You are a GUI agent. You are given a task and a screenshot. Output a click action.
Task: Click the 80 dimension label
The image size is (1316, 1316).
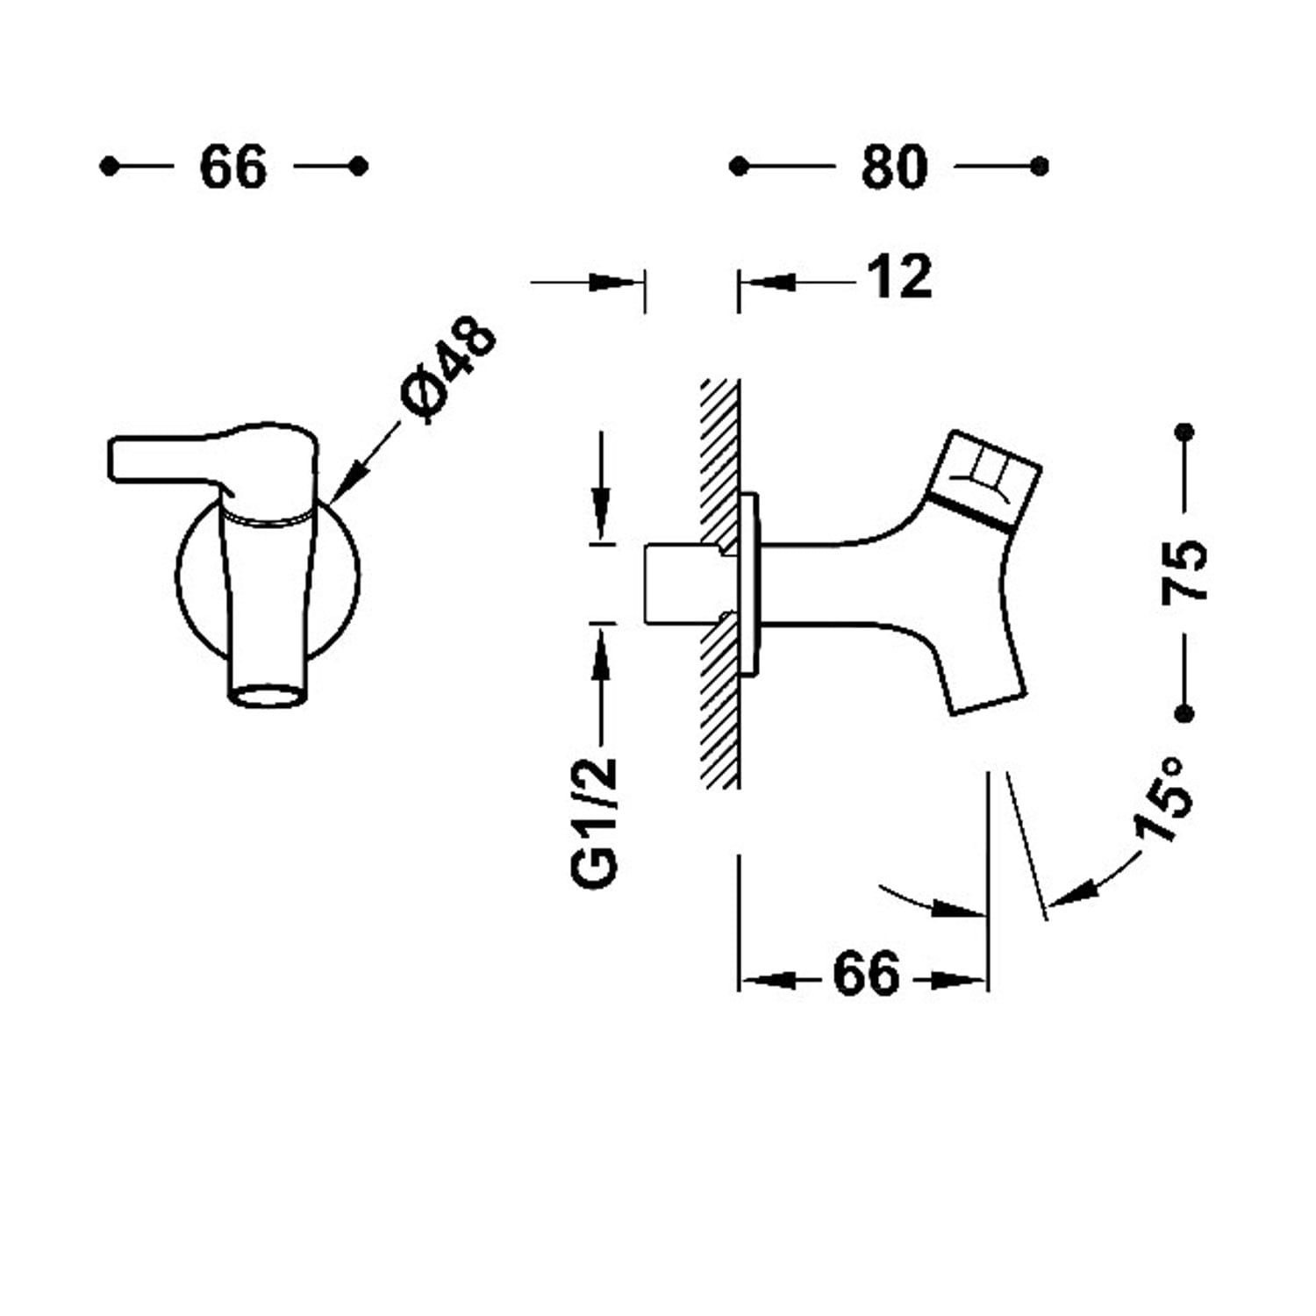point(893,167)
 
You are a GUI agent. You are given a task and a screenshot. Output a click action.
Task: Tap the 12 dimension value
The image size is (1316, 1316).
point(899,277)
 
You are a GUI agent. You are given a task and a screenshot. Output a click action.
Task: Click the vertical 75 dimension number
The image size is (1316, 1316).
point(1184,571)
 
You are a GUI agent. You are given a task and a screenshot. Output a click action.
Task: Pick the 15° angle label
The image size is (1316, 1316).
point(1163,799)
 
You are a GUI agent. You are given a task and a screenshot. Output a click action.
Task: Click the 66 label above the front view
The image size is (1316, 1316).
point(232,167)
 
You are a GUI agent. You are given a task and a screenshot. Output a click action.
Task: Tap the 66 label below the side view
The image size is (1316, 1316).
point(866,974)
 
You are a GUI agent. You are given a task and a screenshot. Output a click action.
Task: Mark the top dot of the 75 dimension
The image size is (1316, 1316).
point(1184,432)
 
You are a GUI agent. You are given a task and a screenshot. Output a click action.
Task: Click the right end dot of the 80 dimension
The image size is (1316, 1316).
point(1040,166)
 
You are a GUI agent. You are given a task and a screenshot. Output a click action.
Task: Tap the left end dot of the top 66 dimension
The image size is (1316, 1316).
point(109,166)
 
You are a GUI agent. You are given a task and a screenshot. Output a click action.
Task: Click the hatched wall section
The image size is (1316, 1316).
point(719,583)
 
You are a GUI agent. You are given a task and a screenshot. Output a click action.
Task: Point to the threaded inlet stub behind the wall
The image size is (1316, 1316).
point(682,583)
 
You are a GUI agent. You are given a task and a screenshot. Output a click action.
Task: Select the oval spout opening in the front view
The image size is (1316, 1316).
point(268,696)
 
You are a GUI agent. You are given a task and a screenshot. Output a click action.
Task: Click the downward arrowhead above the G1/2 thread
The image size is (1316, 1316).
point(601,513)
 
